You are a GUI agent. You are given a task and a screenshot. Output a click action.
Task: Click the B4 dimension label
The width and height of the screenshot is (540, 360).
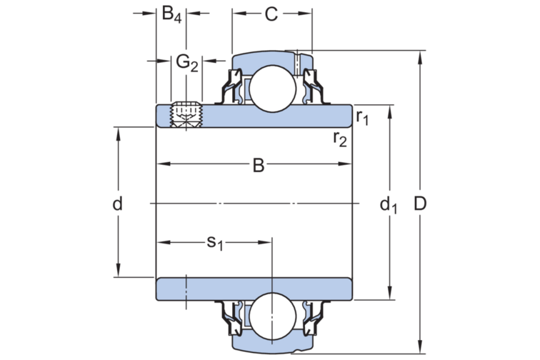[172, 14]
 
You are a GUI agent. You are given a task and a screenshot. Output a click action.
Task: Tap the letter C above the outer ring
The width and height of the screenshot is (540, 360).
[271, 14]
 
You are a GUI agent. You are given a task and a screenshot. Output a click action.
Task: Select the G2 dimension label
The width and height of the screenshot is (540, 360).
[187, 63]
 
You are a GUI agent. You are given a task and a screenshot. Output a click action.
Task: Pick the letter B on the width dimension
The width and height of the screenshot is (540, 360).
[258, 166]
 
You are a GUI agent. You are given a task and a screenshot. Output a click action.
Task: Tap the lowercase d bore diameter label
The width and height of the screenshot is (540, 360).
[118, 204]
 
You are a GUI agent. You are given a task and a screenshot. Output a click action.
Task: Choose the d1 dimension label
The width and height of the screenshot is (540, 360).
[388, 206]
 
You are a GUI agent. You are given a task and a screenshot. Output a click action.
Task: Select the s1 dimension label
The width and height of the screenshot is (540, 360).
[215, 243]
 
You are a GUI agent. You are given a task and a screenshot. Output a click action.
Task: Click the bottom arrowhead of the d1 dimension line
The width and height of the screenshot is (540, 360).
[389, 294]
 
